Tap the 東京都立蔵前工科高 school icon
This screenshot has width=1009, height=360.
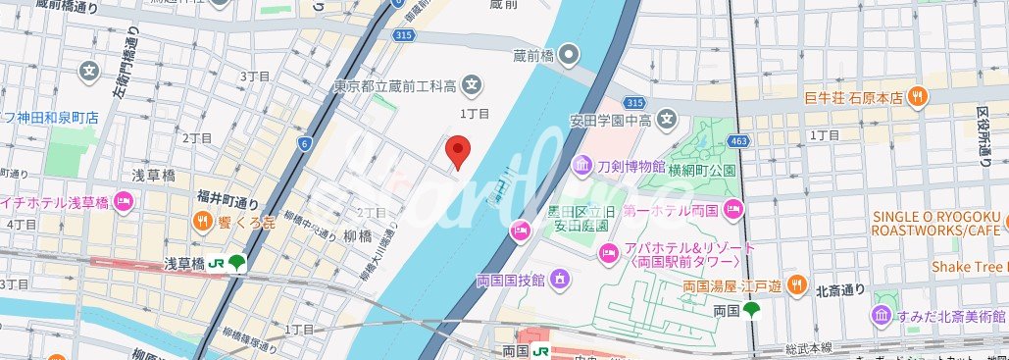[x=472, y=84]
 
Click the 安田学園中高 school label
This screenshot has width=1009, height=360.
[x=611, y=122]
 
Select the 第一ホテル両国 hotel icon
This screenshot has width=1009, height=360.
[x=733, y=208]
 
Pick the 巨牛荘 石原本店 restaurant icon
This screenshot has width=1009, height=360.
[x=919, y=96]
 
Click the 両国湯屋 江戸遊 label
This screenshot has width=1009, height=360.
[x=732, y=286]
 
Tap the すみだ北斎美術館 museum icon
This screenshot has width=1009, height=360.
[x=880, y=315]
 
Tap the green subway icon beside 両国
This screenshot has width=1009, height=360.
[x=752, y=311]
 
